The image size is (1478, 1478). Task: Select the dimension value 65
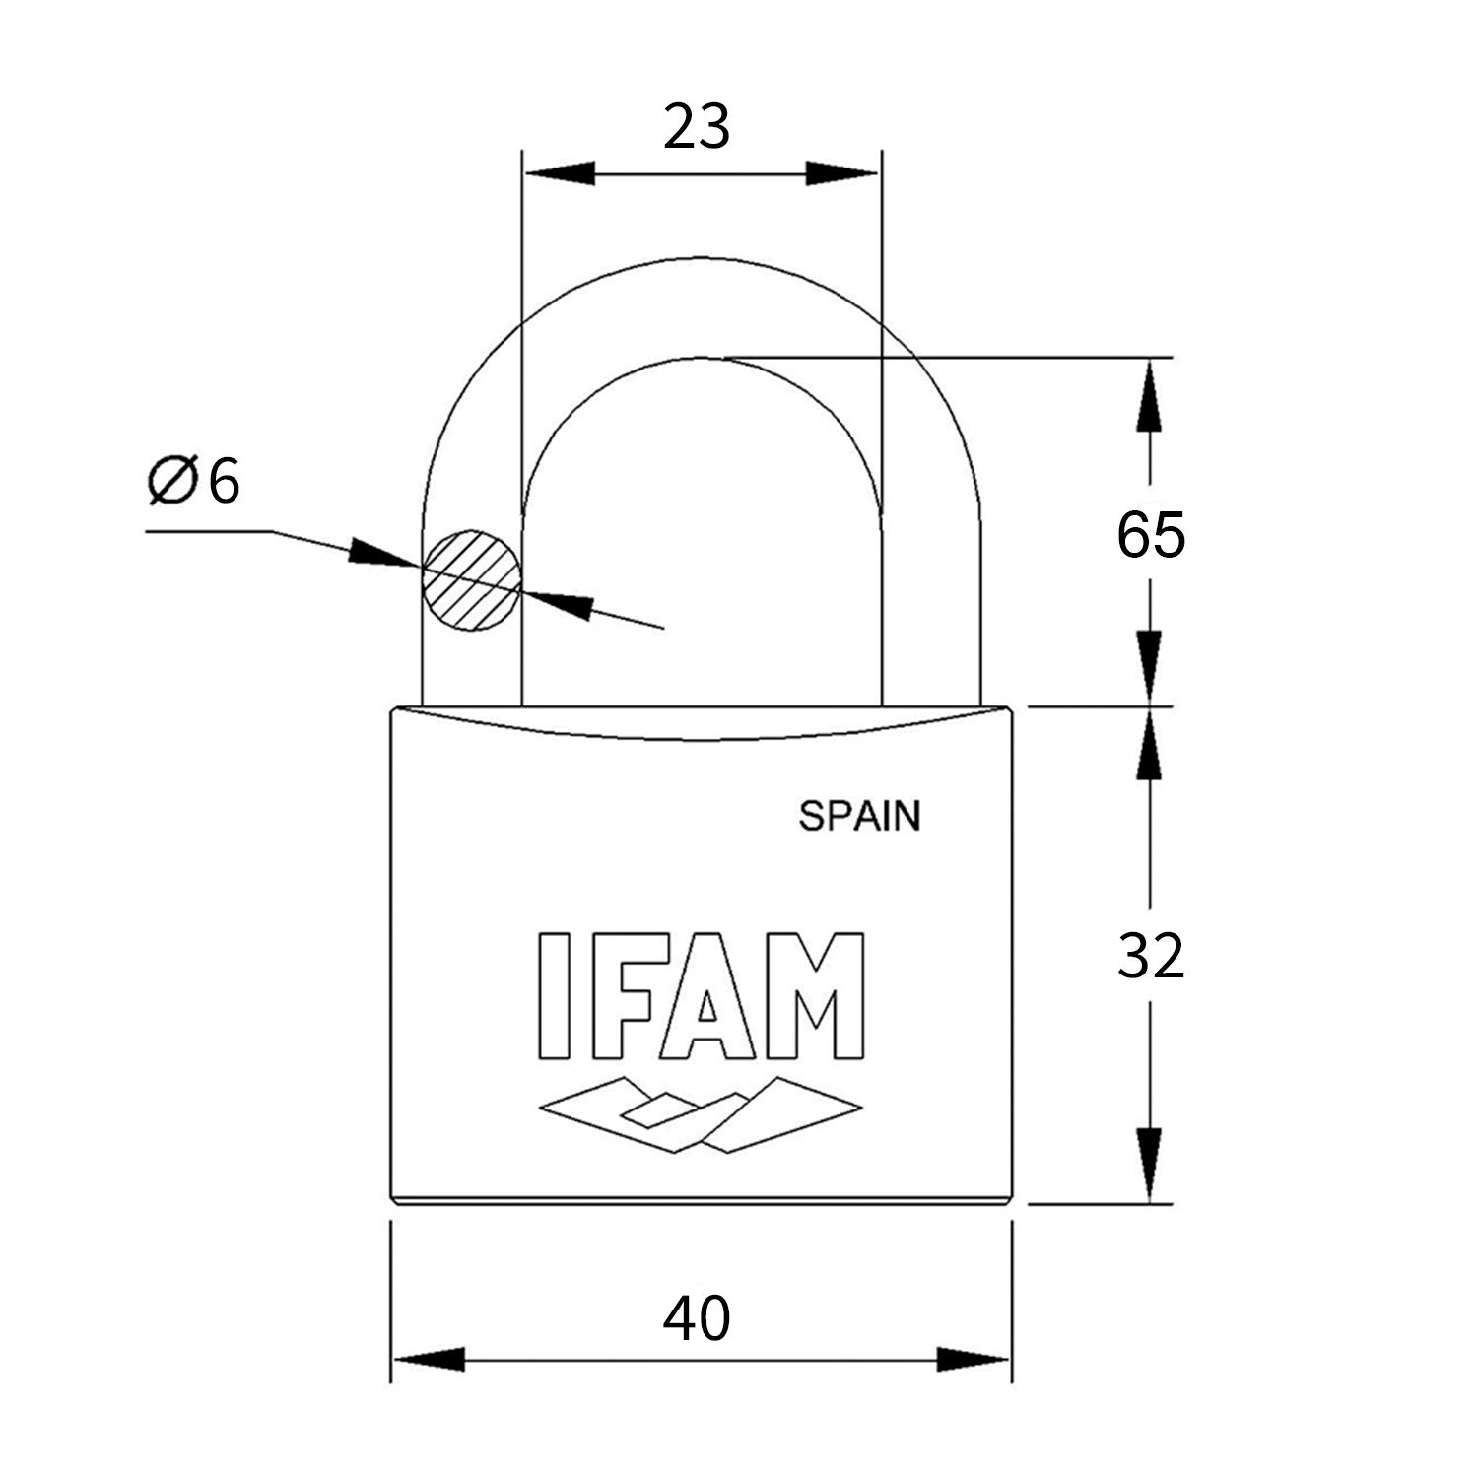coord(1150,535)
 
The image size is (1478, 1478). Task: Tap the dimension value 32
coord(1150,956)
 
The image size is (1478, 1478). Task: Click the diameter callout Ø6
coord(194,482)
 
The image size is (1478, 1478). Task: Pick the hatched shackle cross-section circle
coord(471,580)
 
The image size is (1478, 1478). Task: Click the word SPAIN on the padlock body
coord(859,816)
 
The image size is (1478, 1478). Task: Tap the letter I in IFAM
coord(555,996)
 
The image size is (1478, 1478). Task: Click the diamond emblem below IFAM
coord(701,1113)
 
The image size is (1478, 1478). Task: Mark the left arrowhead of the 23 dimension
coord(562,173)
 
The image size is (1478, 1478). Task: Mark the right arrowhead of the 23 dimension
coord(840,173)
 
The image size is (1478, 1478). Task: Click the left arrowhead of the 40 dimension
coord(430,1359)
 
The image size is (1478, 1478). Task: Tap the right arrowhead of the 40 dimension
coord(973,1359)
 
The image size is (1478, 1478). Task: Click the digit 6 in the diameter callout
coord(224,482)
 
